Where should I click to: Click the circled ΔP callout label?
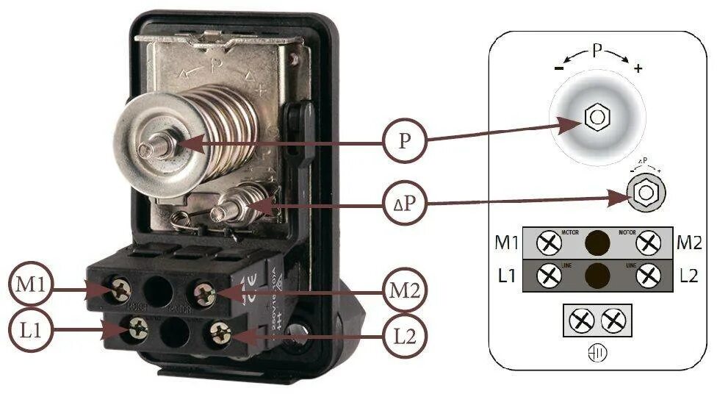[404, 202]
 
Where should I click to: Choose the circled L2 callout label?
[403, 337]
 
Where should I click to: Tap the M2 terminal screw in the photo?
[205, 295]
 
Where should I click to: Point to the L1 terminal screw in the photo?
[136, 330]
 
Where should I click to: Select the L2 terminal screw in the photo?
[219, 334]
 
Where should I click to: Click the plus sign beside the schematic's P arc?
[638, 69]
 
